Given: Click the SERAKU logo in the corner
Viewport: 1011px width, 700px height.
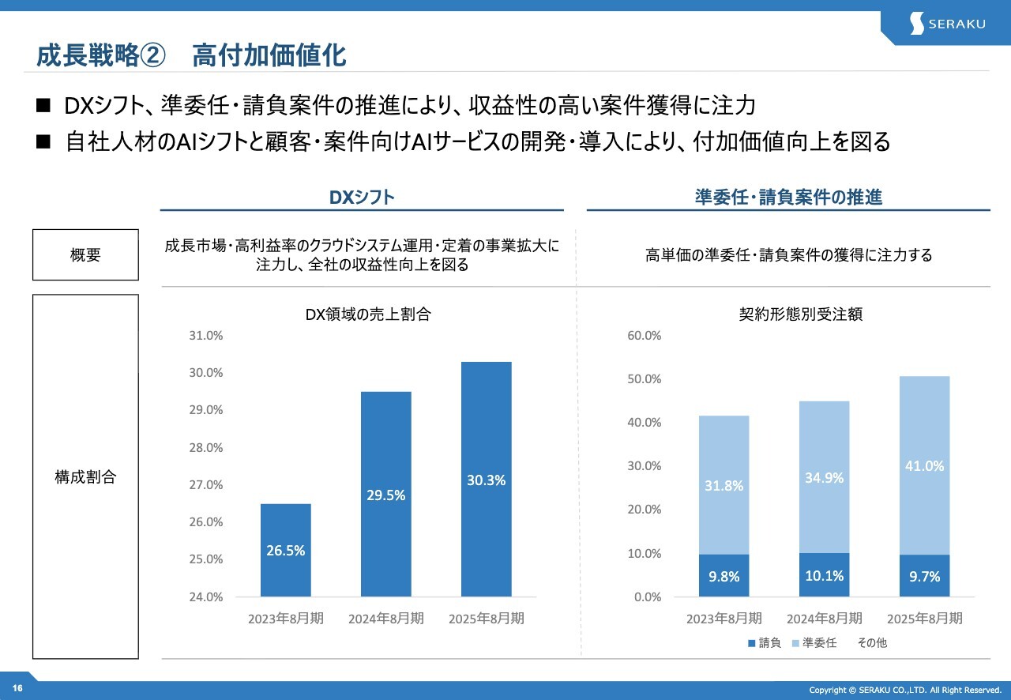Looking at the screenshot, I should pyautogui.click(x=947, y=23).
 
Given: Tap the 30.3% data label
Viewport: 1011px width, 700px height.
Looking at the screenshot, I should pyautogui.click(x=486, y=480).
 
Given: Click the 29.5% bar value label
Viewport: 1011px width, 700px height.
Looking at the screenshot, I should pyautogui.click(x=385, y=495).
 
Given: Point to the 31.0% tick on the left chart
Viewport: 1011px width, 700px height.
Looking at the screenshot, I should pyautogui.click(x=206, y=336).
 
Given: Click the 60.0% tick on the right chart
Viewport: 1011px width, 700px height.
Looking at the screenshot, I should pyautogui.click(x=644, y=336).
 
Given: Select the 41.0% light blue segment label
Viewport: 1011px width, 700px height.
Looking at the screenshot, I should pyautogui.click(x=924, y=466).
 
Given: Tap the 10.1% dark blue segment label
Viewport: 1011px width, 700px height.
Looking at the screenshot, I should pyautogui.click(x=824, y=575).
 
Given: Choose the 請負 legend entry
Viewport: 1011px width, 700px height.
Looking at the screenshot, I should pyautogui.click(x=764, y=643).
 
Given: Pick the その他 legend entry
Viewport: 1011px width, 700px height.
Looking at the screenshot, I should pyautogui.click(x=871, y=643).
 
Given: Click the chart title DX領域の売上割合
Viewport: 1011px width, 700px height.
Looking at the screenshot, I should pyautogui.click(x=368, y=314).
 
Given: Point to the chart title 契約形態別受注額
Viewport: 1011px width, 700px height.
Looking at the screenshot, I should pyautogui.click(x=795, y=314).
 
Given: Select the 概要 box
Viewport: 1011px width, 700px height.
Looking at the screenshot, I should pyautogui.click(x=85, y=255).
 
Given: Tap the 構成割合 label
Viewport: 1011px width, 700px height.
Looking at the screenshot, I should pyautogui.click(x=85, y=477).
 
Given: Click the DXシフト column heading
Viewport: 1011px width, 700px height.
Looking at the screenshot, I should pyautogui.click(x=362, y=198).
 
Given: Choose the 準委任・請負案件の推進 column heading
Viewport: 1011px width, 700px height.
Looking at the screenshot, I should pyautogui.click(x=787, y=198).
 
